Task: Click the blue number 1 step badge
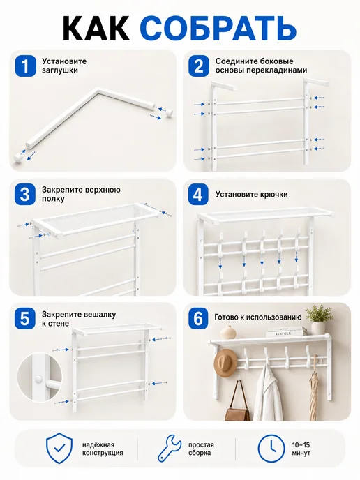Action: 25,66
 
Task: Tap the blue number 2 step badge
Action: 198,66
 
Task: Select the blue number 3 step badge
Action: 25,195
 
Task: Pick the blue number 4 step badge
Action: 198,195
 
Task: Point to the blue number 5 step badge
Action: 25,318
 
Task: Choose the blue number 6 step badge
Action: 198,318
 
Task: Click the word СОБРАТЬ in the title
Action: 219,29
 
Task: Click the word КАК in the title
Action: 96,29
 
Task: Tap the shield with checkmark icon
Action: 59,448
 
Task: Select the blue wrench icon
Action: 169,449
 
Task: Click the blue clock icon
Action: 271,449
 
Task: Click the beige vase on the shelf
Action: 228,333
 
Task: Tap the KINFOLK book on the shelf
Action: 287,333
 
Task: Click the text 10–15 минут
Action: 301,449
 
